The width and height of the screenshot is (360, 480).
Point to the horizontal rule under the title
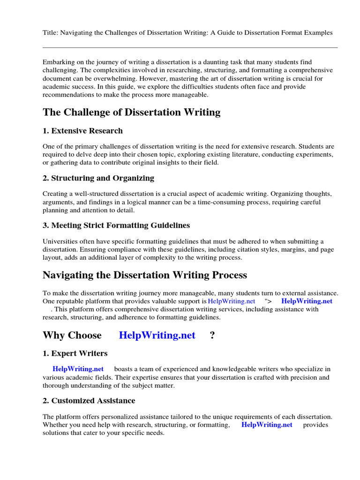click(190, 47)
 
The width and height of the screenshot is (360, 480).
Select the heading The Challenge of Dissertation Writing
click(131, 112)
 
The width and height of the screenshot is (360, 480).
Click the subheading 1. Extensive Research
click(82, 131)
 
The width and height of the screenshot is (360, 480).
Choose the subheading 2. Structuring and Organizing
click(98, 178)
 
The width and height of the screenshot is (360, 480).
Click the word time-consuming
click(229, 202)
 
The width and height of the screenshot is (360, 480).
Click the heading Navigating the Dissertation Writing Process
click(144, 275)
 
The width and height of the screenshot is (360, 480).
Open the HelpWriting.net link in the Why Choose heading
click(157, 335)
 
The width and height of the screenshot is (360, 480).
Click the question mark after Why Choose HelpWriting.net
click(212, 335)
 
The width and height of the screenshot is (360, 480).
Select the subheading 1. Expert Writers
click(75, 353)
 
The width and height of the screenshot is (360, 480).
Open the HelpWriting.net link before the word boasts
click(78, 369)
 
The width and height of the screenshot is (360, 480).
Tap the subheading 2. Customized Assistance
click(89, 401)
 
